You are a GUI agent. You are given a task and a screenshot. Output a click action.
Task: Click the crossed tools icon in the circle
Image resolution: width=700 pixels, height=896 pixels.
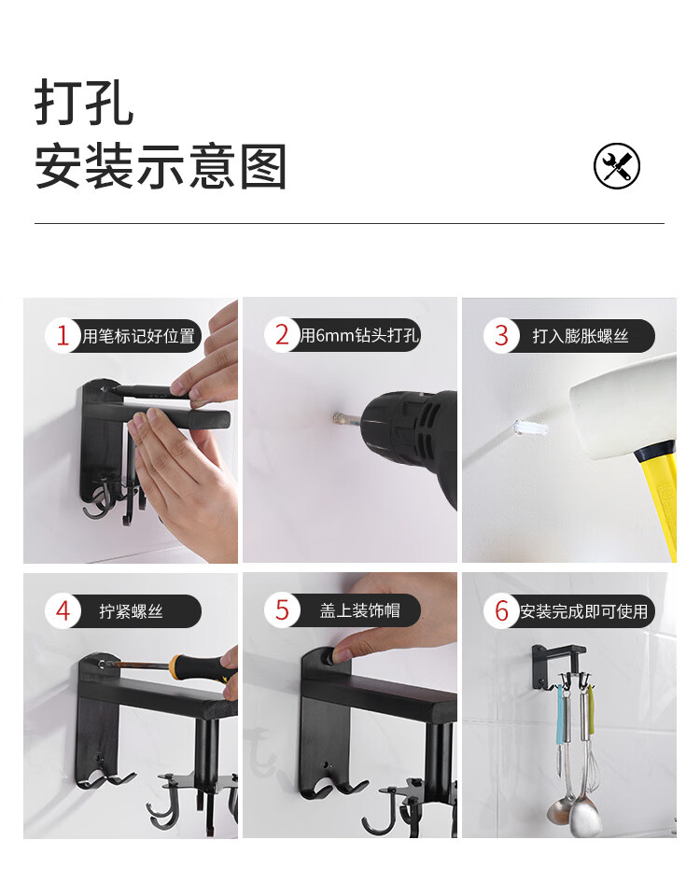pos(617,166)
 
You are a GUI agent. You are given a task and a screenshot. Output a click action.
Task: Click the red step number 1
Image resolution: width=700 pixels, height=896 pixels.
pos(63,335)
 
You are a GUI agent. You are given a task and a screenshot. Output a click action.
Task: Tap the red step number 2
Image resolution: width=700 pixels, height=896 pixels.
pos(282,335)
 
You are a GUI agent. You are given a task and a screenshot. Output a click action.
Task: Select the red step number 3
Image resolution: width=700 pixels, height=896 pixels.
pos(501,335)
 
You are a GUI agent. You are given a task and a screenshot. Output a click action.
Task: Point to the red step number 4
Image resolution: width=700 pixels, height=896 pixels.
pos(63,610)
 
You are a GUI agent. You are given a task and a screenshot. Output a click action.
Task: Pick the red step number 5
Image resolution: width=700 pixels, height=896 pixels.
pos(282,610)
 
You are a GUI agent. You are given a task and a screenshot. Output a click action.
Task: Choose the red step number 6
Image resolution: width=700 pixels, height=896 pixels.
pos(502,610)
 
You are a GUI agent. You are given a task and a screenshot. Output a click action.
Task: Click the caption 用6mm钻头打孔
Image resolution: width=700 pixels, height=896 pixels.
pos(360,335)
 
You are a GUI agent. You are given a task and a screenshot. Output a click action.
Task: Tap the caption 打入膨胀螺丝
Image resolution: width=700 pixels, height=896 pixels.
pos(581,335)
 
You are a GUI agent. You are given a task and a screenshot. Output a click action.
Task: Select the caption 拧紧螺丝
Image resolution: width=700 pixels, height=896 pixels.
pos(131,611)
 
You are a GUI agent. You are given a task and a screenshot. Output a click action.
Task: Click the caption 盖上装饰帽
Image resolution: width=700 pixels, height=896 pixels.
pos(359,610)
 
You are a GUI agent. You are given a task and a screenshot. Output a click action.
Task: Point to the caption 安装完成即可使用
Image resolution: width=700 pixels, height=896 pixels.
pos(583,611)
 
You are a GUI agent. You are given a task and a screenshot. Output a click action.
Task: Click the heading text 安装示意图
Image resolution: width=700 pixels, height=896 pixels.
pos(161,166)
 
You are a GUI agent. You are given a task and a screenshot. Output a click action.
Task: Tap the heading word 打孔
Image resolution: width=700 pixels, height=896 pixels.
pos(84,103)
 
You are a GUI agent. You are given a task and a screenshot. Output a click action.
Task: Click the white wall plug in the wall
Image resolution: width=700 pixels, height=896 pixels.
pos(530,428)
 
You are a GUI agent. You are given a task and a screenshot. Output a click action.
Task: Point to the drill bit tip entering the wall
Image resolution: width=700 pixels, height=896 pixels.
pos(337,417)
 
